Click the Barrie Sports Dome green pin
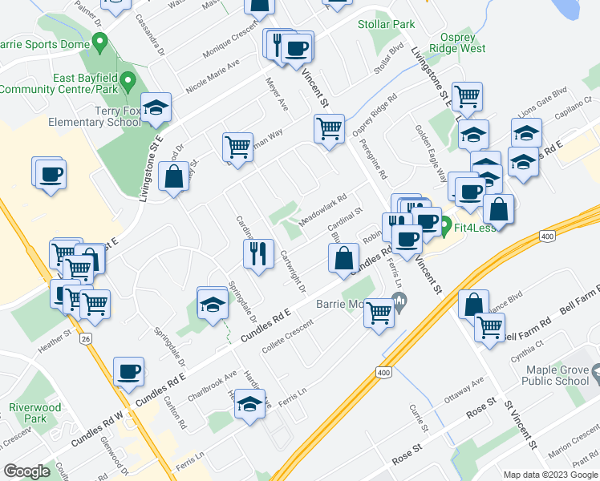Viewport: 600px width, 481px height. click(100, 40)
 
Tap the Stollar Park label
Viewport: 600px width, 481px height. click(387, 25)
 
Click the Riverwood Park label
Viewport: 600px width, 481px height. click(34, 413)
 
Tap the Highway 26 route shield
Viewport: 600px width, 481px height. click(85, 340)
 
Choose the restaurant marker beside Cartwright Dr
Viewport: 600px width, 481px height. click(258, 253)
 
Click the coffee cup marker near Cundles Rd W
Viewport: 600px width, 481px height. click(129, 371)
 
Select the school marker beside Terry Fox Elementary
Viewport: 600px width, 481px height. click(156, 107)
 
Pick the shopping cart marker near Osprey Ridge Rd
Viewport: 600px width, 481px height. click(329, 127)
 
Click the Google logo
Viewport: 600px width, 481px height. click(26, 471)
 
